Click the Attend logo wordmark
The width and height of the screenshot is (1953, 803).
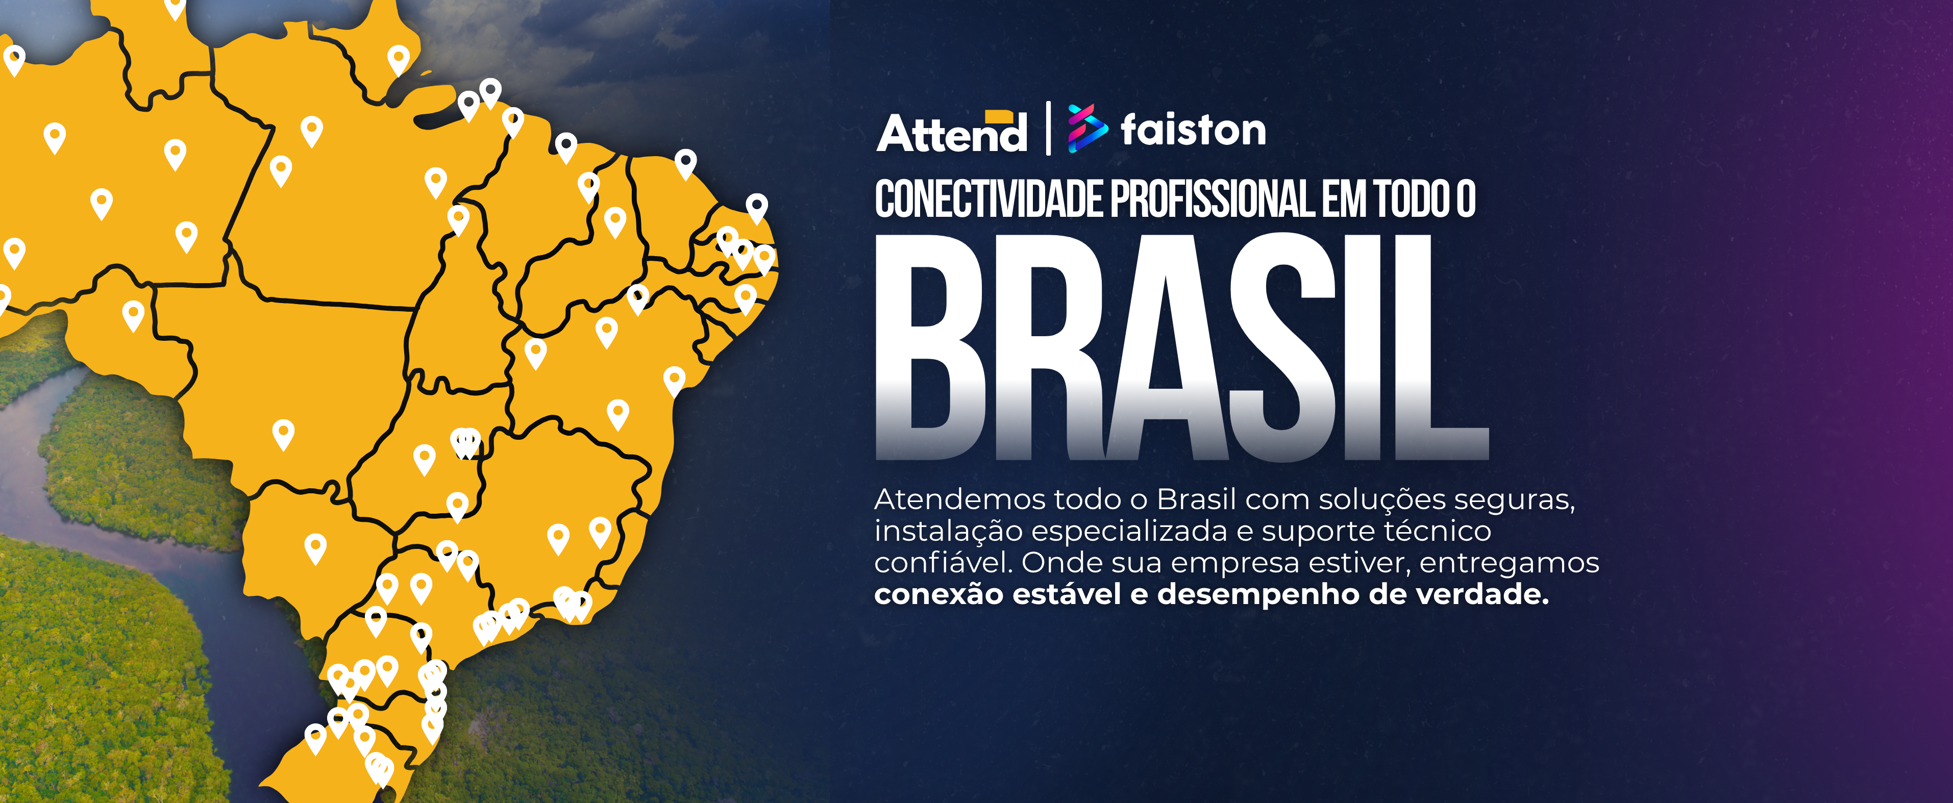[x=951, y=134]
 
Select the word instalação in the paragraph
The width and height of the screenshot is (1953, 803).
[x=948, y=531]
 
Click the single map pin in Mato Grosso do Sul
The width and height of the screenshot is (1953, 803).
[x=315, y=546]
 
